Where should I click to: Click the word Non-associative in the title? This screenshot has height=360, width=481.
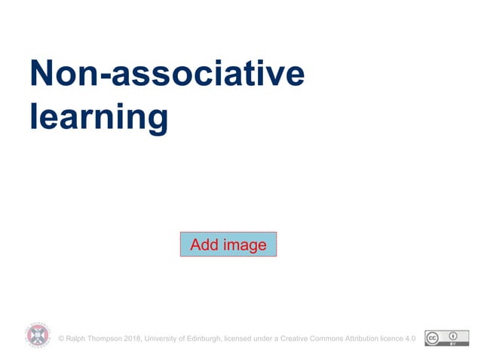coord(167,74)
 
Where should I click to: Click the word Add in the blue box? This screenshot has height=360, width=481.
coord(204,245)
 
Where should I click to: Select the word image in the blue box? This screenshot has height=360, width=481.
coord(244,245)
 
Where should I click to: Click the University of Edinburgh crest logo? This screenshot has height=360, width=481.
coord(37,335)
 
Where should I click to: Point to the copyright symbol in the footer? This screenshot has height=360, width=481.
coord(61,339)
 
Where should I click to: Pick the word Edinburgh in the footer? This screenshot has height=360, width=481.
coord(204,339)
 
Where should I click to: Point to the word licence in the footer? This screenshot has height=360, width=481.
coord(394,339)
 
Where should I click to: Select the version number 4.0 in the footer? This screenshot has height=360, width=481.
coord(411,339)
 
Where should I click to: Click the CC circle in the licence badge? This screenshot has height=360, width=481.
coord(434,338)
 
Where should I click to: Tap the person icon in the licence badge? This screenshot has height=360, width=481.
coord(452,336)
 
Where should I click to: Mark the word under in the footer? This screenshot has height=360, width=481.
coord(265,339)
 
